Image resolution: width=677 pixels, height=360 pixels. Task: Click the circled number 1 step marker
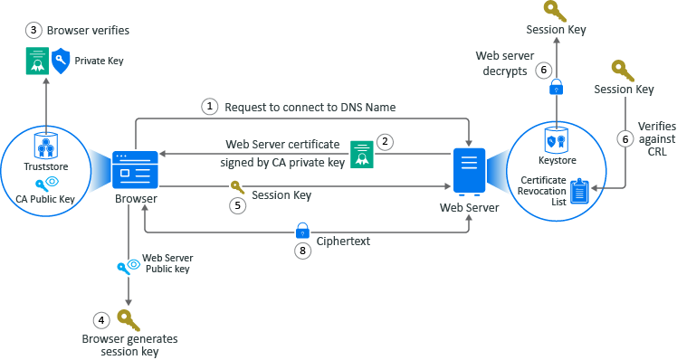(210, 107)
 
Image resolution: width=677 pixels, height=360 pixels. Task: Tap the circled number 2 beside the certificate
(385, 142)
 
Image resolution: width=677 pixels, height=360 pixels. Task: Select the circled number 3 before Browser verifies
(33, 30)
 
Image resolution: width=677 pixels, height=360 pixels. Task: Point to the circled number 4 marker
(101, 319)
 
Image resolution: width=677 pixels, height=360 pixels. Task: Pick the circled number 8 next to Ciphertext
(303, 251)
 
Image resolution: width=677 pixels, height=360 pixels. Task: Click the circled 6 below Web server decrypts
(543, 70)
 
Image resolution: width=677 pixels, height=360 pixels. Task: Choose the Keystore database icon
(557, 140)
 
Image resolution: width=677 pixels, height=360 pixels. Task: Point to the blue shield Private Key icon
(62, 62)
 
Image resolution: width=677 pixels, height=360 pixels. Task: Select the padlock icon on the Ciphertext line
(302, 231)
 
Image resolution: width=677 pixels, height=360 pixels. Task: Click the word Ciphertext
(344, 242)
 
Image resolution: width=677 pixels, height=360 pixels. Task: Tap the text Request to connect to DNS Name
(310, 107)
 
